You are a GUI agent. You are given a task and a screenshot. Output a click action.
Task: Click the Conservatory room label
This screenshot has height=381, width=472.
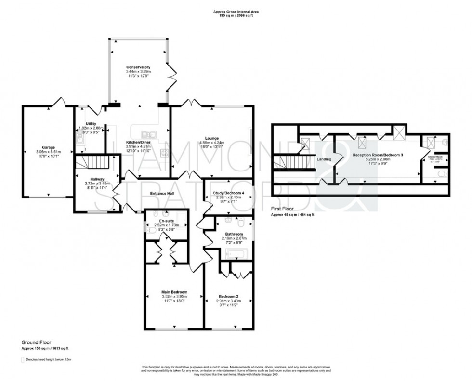tap(139, 67)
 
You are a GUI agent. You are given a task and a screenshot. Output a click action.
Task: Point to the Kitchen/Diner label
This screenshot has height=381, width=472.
tap(138, 143)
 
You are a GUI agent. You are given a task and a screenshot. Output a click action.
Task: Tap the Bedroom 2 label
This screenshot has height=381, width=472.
tap(227, 297)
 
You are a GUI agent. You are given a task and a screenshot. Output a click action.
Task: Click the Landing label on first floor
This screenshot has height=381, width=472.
tap(324, 159)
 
